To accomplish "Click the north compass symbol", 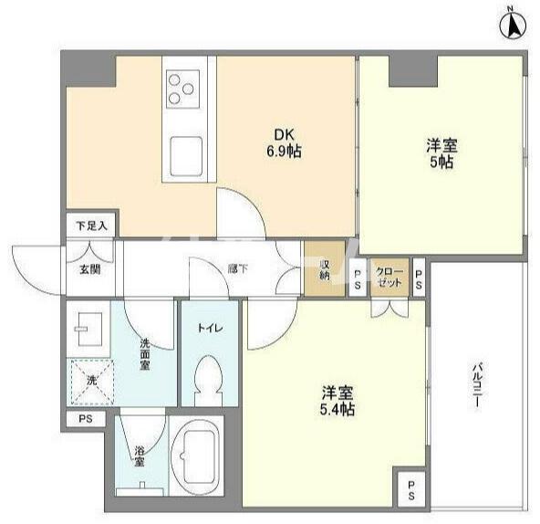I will tap(513, 26).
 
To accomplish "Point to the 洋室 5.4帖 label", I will tap(337, 401).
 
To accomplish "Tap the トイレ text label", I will tap(210, 328).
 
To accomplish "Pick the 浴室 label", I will tap(140, 456).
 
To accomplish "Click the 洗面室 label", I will tap(145, 354).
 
